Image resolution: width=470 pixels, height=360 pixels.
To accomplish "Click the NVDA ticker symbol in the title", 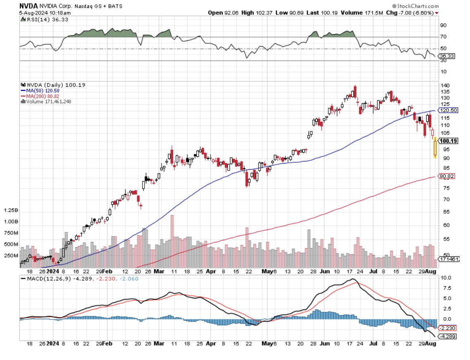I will click(28, 6).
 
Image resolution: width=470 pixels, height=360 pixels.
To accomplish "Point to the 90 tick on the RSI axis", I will click(443, 25).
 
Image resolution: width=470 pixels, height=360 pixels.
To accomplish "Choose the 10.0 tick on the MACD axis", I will click(445, 277).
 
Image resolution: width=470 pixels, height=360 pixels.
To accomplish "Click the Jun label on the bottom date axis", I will click(325, 272).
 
